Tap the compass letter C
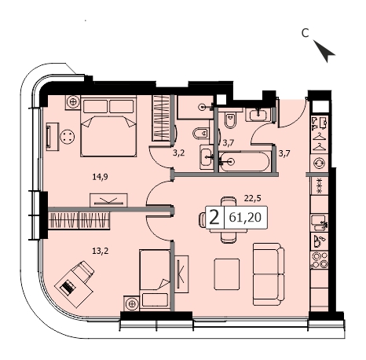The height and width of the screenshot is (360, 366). [x=305, y=33]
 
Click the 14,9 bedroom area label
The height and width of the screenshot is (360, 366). [x=100, y=177]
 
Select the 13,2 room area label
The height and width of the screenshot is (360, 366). [x=100, y=252]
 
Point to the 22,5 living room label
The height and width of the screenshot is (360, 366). [x=252, y=198]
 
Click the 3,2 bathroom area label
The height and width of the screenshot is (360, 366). [x=179, y=153]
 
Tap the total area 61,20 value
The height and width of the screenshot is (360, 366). [x=245, y=217]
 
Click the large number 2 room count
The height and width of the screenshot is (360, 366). [x=214, y=217]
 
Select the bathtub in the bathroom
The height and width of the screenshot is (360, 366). [x=244, y=162]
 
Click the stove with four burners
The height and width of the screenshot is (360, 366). [x=320, y=259]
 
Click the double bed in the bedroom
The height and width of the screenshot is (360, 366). [x=108, y=126]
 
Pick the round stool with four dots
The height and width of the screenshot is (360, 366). [x=67, y=137]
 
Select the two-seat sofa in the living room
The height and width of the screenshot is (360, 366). [x=269, y=274]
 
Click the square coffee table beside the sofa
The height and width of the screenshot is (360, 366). [x=227, y=274]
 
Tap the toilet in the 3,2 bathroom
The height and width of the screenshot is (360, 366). [x=201, y=134]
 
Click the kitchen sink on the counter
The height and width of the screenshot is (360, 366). [x=318, y=223]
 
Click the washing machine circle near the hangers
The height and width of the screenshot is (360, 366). [x=320, y=163]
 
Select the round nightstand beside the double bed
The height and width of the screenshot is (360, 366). [x=73, y=101]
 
